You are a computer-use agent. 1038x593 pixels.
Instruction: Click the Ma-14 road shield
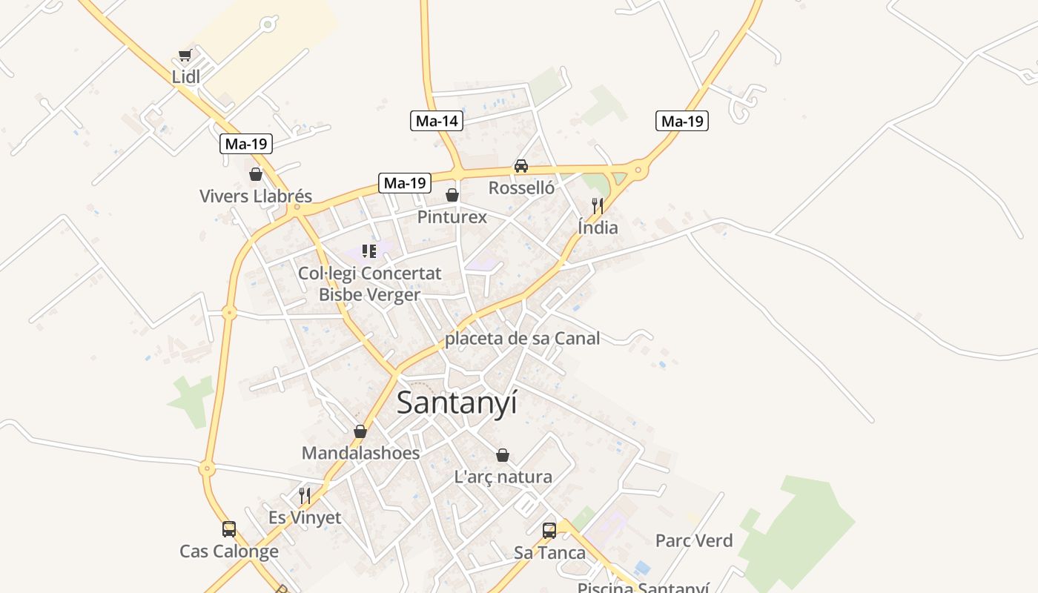437,121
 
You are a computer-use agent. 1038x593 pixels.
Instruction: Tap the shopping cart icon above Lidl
185,55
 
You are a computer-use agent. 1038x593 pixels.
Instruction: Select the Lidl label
186,76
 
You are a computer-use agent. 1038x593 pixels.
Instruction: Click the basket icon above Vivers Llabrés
256,174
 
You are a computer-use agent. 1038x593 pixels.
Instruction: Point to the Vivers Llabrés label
256,196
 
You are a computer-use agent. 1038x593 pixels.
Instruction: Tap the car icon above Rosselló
521,166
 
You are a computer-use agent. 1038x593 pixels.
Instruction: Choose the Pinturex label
452,217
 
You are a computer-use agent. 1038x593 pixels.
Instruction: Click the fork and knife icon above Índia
598,205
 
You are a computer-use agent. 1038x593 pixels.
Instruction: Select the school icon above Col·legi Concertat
369,251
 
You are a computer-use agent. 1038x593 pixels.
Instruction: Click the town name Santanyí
457,402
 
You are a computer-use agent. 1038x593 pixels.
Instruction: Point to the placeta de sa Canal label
522,339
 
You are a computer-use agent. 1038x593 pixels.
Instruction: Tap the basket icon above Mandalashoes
360,431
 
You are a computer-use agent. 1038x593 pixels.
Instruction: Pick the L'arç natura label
503,477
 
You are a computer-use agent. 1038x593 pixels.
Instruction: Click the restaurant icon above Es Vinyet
305,495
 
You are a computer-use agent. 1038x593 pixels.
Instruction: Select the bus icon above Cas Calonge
229,529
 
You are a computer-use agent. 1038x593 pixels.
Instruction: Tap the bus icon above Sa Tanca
549,531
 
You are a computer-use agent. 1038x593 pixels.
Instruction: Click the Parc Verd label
694,541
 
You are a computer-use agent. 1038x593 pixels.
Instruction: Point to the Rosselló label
521,188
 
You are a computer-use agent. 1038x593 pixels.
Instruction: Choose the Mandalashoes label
360,453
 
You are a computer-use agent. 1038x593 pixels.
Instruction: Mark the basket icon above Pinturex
452,195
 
